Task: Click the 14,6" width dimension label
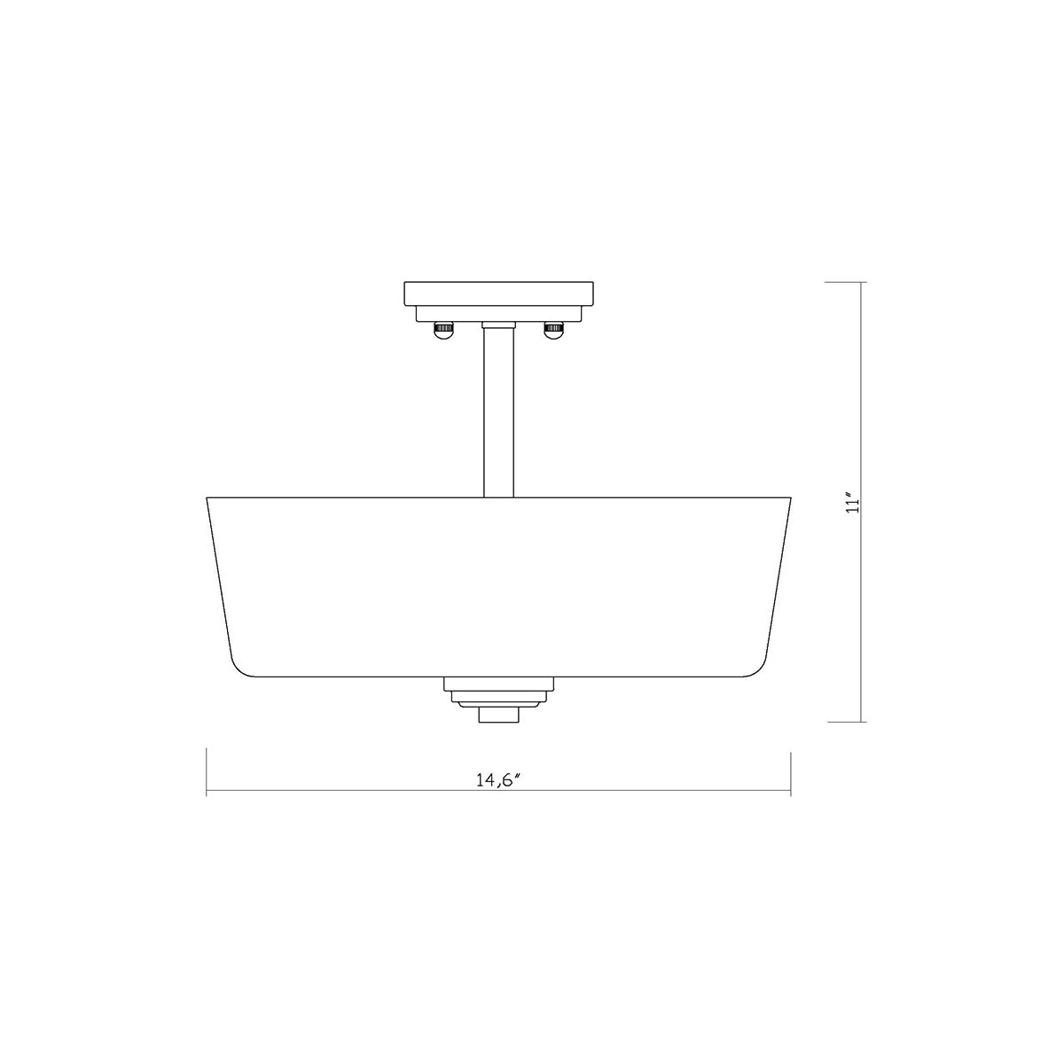[x=498, y=779]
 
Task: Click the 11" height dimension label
[x=854, y=503]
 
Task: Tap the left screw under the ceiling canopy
[x=442, y=330]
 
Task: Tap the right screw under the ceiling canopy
[x=554, y=330]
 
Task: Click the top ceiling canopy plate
[x=498, y=294]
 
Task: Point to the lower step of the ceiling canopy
[x=498, y=315]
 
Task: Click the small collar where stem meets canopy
[x=498, y=325]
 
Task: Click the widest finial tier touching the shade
[x=498, y=685]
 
